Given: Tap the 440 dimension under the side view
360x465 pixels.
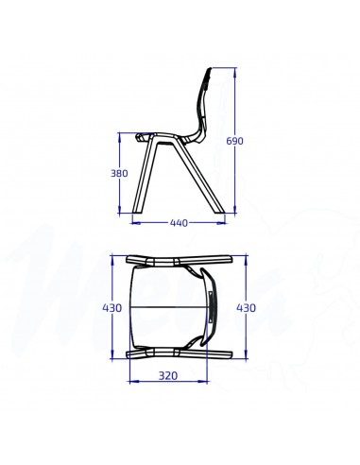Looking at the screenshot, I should pyautogui.click(x=178, y=224).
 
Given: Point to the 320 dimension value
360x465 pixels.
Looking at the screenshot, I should pyautogui.click(x=169, y=376).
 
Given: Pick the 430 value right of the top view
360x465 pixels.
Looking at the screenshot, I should pyautogui.click(x=246, y=308).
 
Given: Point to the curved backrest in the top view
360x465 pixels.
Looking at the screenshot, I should pyautogui.click(x=211, y=307).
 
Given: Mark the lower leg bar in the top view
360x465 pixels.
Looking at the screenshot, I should pyautogui.click(x=180, y=354).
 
